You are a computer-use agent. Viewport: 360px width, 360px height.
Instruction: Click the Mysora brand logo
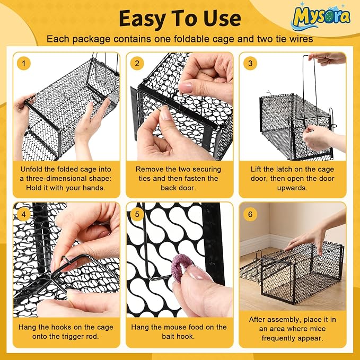321,17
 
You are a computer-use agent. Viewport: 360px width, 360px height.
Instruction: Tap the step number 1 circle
24,64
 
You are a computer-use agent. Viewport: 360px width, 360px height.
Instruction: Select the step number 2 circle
137,64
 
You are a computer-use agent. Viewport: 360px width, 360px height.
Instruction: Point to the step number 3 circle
250,64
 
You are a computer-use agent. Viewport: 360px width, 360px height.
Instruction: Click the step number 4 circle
24,214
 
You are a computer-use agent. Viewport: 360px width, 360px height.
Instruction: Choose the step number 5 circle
137,214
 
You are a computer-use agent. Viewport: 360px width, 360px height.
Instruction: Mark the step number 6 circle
250,214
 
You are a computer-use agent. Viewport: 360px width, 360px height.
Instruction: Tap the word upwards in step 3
292,188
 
